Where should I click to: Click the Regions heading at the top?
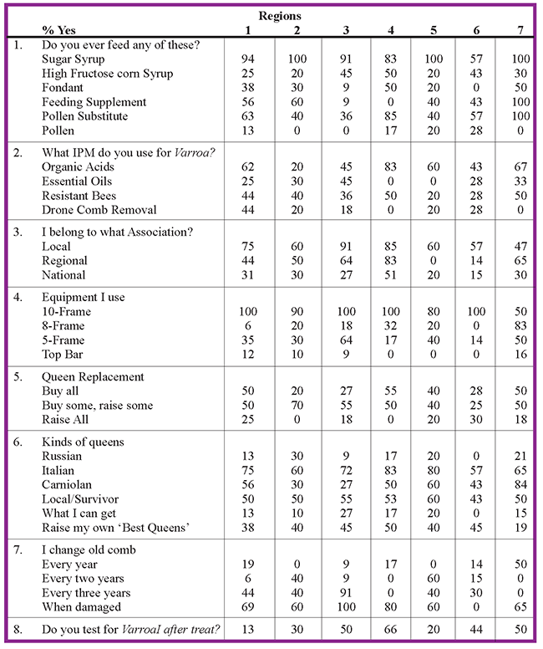click(x=280, y=16)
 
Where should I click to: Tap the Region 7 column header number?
click(x=520, y=31)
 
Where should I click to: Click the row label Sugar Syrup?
click(x=77, y=59)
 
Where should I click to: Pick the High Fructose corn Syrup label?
click(x=107, y=74)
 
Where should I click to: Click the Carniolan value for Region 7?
click(x=520, y=483)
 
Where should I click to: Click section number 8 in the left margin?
click(x=18, y=630)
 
